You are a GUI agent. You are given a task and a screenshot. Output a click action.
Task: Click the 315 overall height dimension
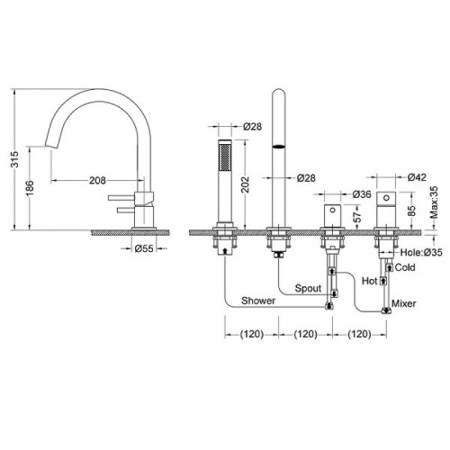click(x=15, y=159)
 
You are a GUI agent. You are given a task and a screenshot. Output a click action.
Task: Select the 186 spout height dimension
click(x=31, y=188)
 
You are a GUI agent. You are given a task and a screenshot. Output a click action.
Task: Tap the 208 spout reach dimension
click(x=98, y=181)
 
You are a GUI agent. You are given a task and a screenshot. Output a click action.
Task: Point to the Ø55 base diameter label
click(x=144, y=248)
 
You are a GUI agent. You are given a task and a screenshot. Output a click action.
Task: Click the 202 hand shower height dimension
click(x=245, y=184)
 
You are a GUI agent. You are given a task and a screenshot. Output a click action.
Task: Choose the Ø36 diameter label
click(x=362, y=194)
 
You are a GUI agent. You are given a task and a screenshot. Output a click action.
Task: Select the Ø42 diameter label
click(x=417, y=177)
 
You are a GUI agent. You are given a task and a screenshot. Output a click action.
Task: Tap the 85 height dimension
click(x=412, y=211)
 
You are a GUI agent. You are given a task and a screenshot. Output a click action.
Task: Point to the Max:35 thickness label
click(x=434, y=202)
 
